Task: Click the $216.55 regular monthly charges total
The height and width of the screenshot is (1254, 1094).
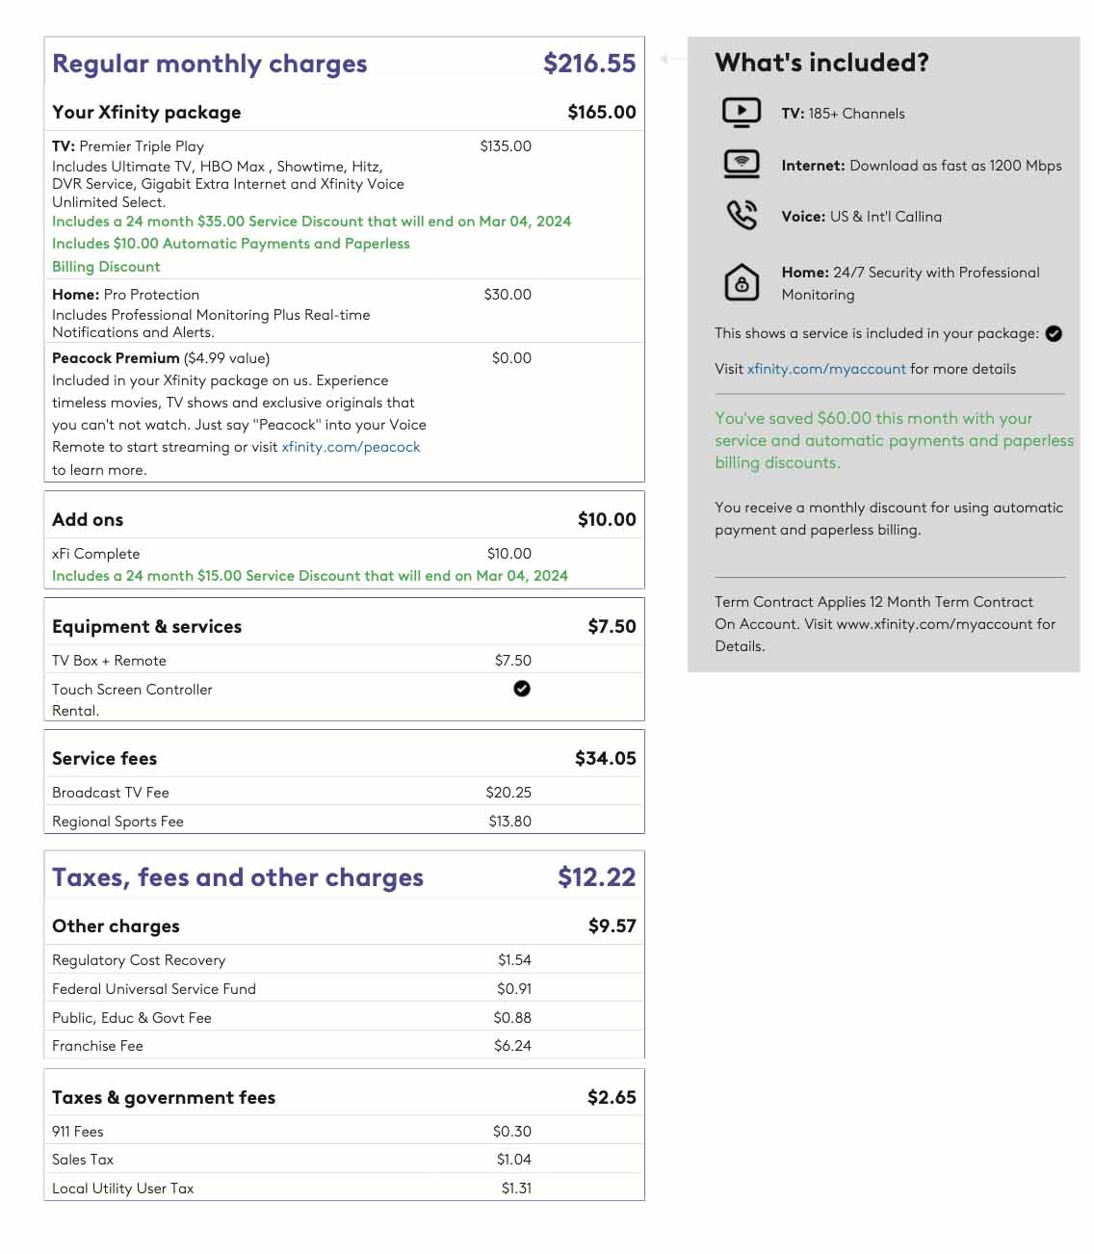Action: [x=589, y=64]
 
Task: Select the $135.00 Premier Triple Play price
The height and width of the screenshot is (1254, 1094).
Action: [x=506, y=146]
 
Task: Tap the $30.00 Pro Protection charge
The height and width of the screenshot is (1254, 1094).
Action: [x=508, y=295]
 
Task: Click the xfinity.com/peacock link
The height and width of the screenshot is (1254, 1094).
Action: [x=351, y=447]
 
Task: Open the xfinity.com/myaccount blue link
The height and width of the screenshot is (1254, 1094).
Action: [x=826, y=369]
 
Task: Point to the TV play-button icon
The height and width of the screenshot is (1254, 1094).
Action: [x=742, y=113]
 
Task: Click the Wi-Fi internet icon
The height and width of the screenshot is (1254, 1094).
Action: [x=742, y=165]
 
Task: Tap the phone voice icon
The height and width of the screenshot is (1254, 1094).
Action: [x=742, y=215]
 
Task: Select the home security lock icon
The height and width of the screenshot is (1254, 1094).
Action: [x=742, y=283]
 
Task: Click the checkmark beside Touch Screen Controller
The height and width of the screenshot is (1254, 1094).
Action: [x=522, y=689]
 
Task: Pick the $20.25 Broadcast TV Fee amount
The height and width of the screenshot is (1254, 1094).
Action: [x=508, y=793]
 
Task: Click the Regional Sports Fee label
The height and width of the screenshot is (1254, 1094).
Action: [x=117, y=822]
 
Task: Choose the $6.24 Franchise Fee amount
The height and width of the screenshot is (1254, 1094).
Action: [x=512, y=1046]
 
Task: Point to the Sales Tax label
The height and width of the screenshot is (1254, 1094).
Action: [x=83, y=1160]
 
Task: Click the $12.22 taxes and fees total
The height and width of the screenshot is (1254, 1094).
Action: [x=596, y=877]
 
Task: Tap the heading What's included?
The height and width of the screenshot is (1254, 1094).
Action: [x=821, y=63]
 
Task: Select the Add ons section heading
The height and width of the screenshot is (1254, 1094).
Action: [x=88, y=520]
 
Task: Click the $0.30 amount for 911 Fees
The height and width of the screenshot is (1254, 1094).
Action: [x=512, y=1132]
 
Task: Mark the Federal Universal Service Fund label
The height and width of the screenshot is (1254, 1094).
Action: [x=154, y=989]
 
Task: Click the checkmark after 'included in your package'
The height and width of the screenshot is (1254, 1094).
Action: [x=1054, y=333]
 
